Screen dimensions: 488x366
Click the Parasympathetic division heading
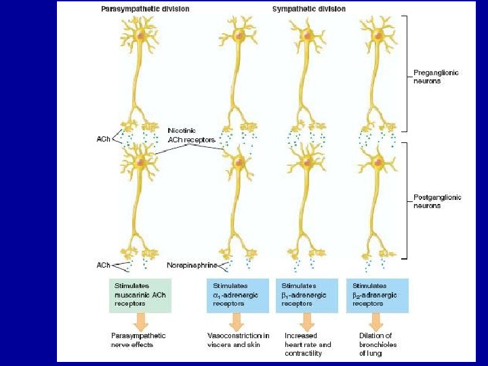[144, 9]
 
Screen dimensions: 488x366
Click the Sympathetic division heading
[308, 9]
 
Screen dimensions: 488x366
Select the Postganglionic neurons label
[437, 201]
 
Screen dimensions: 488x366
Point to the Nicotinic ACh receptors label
[192, 134]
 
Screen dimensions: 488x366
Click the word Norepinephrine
[192, 264]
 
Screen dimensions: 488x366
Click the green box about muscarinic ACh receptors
[140, 295]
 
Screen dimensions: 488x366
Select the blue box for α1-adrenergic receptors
[239, 295]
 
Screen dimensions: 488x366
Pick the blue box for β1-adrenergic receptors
[307, 295]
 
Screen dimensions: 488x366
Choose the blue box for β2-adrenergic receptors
[377, 295]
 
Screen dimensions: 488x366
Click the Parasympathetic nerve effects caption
[138, 340]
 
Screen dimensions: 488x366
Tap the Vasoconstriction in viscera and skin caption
[238, 340]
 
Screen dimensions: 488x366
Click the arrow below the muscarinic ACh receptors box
[140, 321]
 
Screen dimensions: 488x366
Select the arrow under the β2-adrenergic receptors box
[377, 321]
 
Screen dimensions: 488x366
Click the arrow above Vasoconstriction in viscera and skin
[239, 321]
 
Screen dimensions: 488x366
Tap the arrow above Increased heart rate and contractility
[307, 321]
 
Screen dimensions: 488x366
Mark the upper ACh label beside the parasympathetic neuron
[104, 139]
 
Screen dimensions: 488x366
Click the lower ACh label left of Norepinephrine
[104, 264]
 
